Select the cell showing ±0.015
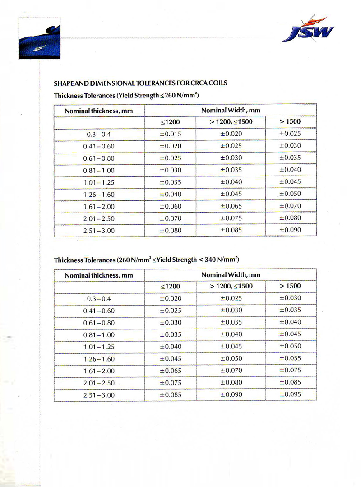[x=170, y=134]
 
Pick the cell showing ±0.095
[x=290, y=394]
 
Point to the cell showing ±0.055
[x=290, y=358]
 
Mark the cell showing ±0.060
[x=170, y=206]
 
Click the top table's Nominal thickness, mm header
[x=99, y=111]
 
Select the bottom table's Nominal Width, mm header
[x=231, y=274]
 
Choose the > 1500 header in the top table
[x=290, y=122]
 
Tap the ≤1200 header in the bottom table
[x=170, y=286]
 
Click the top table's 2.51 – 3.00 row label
[x=99, y=231]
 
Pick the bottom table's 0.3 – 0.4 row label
[x=99, y=298]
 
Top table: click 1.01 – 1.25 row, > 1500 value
[x=290, y=182]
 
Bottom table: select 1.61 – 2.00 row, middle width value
[x=231, y=371]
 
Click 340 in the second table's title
[x=207, y=260]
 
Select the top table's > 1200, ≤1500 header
[x=231, y=122]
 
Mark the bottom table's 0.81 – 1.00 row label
[x=99, y=335]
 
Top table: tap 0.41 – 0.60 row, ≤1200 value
[x=170, y=146]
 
